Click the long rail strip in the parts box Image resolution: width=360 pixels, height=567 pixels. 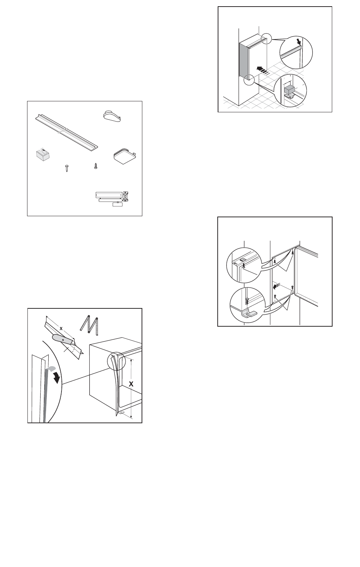pyautogui.click(x=67, y=132)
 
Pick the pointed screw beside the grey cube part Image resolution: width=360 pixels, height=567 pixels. pyautogui.click(x=67, y=168)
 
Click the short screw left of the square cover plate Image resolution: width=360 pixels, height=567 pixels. pyautogui.click(x=95, y=166)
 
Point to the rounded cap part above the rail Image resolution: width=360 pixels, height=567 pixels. pyautogui.click(x=112, y=116)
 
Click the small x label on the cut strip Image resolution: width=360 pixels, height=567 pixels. pyautogui.click(x=61, y=328)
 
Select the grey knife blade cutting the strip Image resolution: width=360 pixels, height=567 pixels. pyautogui.click(x=63, y=339)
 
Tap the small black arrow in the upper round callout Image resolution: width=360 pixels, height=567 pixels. pyautogui.click(x=299, y=41)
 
